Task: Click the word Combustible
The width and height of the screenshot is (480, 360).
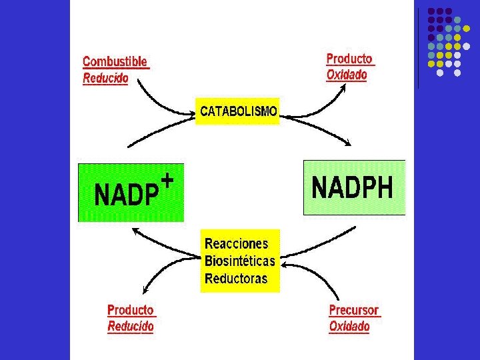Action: [x=115, y=62]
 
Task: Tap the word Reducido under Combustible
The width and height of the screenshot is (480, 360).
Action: [x=105, y=78]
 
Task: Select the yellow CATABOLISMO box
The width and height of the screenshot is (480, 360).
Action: [x=238, y=111]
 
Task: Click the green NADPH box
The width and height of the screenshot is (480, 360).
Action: [x=354, y=188]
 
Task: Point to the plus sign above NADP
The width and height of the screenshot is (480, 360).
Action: [x=168, y=180]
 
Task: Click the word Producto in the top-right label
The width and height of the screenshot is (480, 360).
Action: [x=349, y=59]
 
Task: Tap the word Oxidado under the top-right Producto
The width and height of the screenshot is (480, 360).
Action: [x=347, y=75]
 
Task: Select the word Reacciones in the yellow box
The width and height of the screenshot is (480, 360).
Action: [x=236, y=243]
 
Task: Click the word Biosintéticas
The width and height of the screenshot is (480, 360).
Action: [x=239, y=260]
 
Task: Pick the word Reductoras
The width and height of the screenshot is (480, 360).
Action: [x=236, y=278]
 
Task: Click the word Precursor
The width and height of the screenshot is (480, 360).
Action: [x=354, y=310]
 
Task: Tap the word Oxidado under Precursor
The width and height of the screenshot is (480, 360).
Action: [x=349, y=327]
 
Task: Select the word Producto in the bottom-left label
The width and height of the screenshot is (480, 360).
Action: [x=131, y=310]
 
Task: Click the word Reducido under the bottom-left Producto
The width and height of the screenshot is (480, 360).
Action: [x=131, y=327]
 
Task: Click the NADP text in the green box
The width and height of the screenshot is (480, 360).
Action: [x=127, y=195]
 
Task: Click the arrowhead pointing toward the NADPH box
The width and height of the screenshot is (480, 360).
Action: [x=347, y=143]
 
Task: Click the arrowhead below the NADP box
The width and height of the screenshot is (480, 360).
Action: [x=135, y=230]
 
